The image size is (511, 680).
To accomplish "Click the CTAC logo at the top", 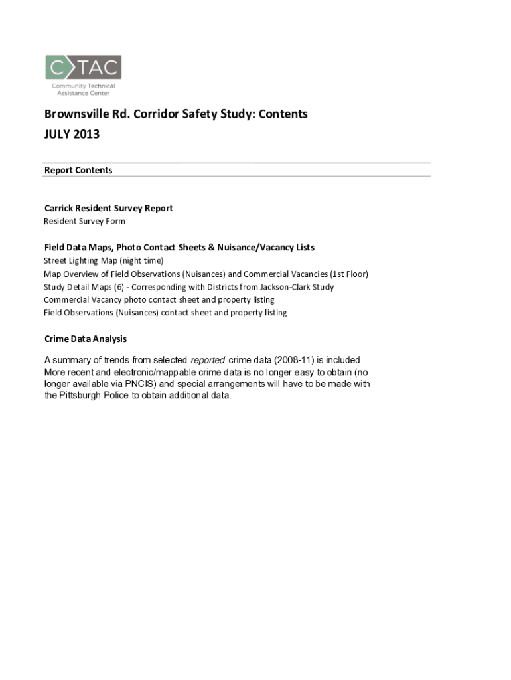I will [83, 67].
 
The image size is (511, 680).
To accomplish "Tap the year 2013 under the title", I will [87, 135].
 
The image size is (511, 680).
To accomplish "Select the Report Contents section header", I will [78, 171].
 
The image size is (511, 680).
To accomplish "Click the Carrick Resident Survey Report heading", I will [108, 209].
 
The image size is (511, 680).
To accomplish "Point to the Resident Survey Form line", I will [84, 222].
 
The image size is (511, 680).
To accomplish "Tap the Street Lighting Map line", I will [104, 261].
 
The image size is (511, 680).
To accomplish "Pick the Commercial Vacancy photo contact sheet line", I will [159, 300].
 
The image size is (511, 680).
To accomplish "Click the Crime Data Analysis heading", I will [86, 339].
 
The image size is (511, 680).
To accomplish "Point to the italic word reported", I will [208, 360].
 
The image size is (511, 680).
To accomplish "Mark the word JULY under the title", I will [58, 135].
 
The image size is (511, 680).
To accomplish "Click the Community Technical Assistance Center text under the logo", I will [84, 90].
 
